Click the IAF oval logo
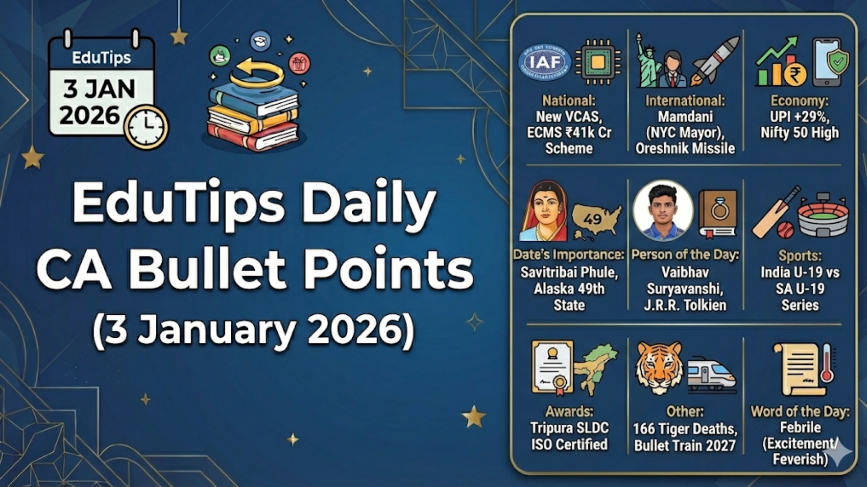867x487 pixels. (545, 62)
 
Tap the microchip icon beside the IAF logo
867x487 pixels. (597, 62)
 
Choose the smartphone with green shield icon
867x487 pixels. (830, 62)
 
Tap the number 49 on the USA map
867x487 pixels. (592, 219)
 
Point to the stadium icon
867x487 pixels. (823, 216)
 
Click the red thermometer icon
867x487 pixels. (827, 363)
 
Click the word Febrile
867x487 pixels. (800, 427)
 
